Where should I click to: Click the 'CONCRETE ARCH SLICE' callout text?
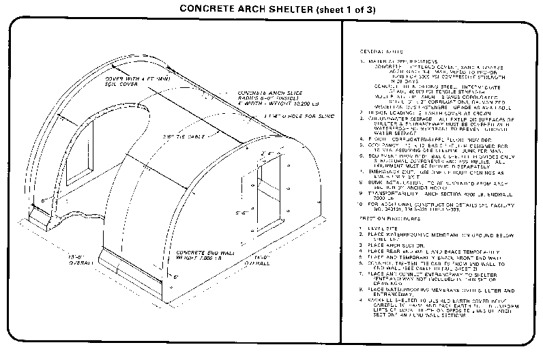(x=267, y=92)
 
